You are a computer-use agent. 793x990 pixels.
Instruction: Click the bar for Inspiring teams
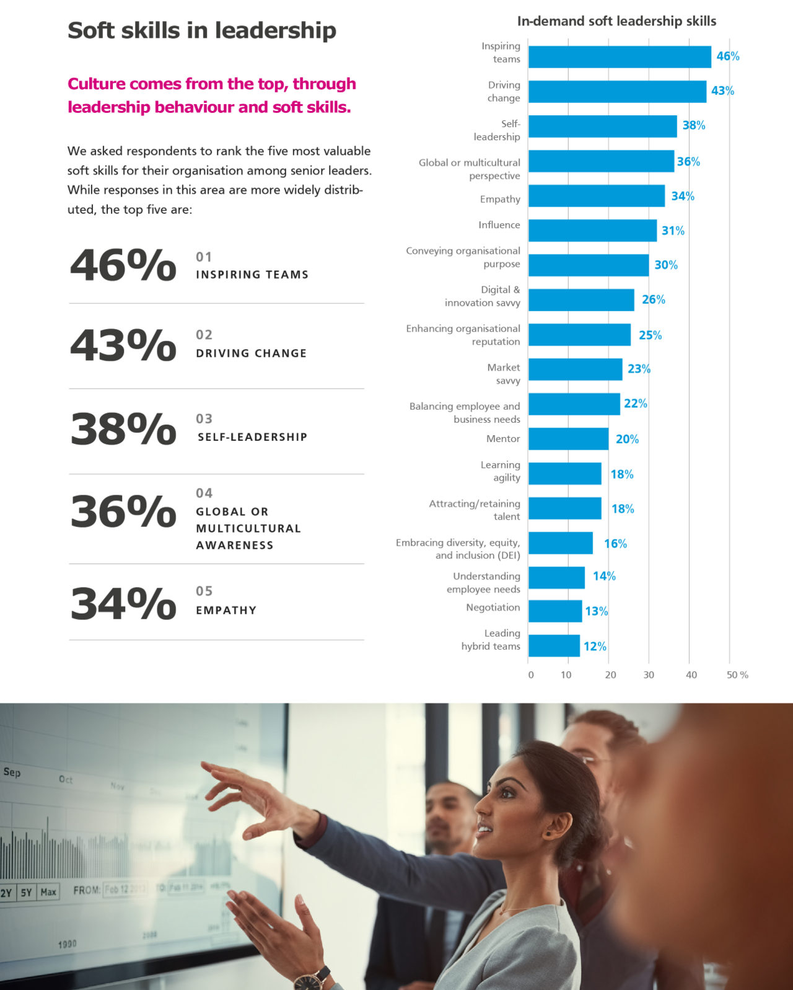coord(620,57)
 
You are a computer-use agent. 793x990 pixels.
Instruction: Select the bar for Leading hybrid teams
coord(554,646)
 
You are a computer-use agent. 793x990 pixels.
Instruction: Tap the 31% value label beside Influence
coord(673,231)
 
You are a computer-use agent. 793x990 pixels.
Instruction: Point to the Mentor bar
coord(568,439)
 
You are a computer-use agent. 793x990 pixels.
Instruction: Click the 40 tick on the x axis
coord(691,675)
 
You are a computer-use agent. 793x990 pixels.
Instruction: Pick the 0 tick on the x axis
coord(531,675)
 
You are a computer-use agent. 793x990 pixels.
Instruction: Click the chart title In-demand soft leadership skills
coord(616,21)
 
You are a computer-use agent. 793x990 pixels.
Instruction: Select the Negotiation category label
coord(493,608)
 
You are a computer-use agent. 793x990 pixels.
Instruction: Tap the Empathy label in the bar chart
coord(500,199)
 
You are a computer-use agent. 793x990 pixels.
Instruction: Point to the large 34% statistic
coord(123,603)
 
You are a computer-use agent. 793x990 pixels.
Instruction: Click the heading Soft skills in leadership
coord(202,30)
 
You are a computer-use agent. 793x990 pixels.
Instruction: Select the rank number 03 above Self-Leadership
coord(204,419)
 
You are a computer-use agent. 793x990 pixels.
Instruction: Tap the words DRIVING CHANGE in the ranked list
coord(251,353)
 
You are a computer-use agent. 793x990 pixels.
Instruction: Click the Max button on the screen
coord(48,892)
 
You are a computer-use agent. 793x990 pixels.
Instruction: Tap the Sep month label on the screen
coord(12,772)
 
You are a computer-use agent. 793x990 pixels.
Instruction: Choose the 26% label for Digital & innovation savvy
coord(654,300)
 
